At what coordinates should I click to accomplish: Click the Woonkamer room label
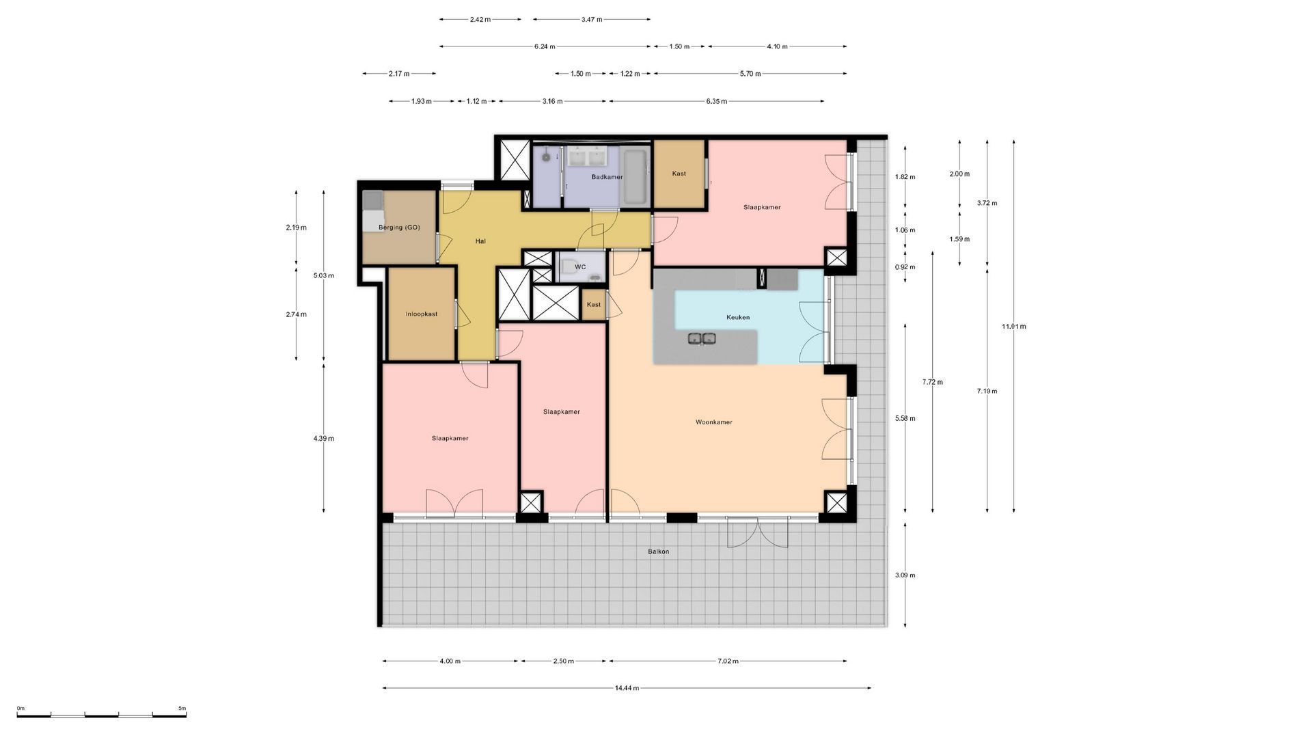[x=713, y=422]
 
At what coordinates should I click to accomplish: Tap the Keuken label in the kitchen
[x=738, y=317]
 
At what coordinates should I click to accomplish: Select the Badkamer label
[x=607, y=177]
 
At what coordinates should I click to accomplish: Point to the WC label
[x=580, y=267]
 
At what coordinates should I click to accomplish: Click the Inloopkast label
[x=421, y=314]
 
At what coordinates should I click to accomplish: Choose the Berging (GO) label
[x=399, y=228]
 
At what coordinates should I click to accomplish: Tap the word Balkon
[x=659, y=551]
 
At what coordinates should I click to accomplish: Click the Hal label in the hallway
[x=480, y=241]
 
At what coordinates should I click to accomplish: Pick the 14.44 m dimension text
[x=627, y=688]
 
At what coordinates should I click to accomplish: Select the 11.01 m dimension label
[x=1014, y=327]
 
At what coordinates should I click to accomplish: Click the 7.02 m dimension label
[x=727, y=661]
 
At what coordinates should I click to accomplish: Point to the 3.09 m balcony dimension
[x=905, y=575]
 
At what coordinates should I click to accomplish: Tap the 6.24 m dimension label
[x=545, y=46]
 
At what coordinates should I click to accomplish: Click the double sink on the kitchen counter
[x=702, y=338]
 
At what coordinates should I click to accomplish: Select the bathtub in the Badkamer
[x=635, y=177]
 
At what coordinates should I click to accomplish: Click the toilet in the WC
[x=595, y=277]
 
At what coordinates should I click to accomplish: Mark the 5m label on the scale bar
[x=182, y=709]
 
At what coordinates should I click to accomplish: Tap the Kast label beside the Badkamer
[x=679, y=174]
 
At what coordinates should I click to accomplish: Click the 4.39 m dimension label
[x=324, y=439]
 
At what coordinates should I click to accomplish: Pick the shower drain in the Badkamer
[x=546, y=157]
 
